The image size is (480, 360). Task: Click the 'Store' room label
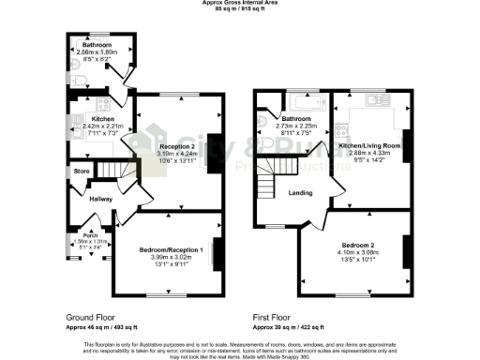82,172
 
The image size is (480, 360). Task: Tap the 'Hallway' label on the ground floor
100,199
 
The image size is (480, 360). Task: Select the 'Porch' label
91,234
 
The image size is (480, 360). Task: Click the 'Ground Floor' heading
92,317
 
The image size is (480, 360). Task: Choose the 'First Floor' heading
274,317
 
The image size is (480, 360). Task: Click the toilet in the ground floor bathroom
76,69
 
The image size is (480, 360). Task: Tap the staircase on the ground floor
112,170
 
